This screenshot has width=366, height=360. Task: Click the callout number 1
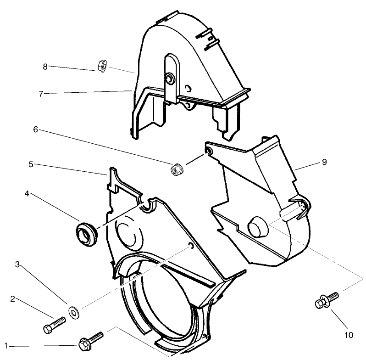click(x=6, y=345)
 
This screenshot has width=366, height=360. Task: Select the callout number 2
click(x=13, y=299)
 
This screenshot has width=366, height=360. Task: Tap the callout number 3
click(x=17, y=264)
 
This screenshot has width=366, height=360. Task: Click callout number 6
click(x=35, y=129)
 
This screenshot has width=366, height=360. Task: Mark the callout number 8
click(x=45, y=67)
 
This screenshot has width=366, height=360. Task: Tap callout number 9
click(x=324, y=162)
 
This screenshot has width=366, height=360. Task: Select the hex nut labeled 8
click(x=102, y=67)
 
